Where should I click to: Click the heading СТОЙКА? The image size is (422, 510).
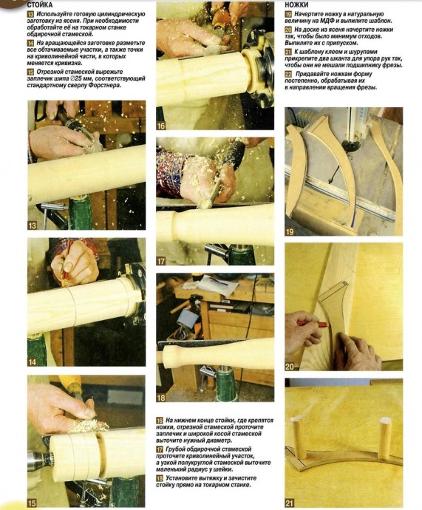39,5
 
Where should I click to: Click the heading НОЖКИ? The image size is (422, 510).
296,5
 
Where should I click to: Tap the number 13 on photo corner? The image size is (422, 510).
33,225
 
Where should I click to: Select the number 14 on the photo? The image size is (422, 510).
33,361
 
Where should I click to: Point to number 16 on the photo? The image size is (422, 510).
161,126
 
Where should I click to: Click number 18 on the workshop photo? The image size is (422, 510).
161,398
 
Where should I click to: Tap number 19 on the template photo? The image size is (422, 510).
290,231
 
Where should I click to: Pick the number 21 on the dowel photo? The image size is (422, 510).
290,503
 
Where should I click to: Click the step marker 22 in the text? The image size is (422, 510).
288,74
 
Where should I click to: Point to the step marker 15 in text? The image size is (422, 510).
30,72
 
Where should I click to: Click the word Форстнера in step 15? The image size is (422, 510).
106,86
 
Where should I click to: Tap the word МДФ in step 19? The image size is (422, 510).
325,21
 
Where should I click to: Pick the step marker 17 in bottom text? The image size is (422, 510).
160,449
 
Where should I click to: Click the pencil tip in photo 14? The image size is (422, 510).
65,279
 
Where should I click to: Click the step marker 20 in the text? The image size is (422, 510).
288,30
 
